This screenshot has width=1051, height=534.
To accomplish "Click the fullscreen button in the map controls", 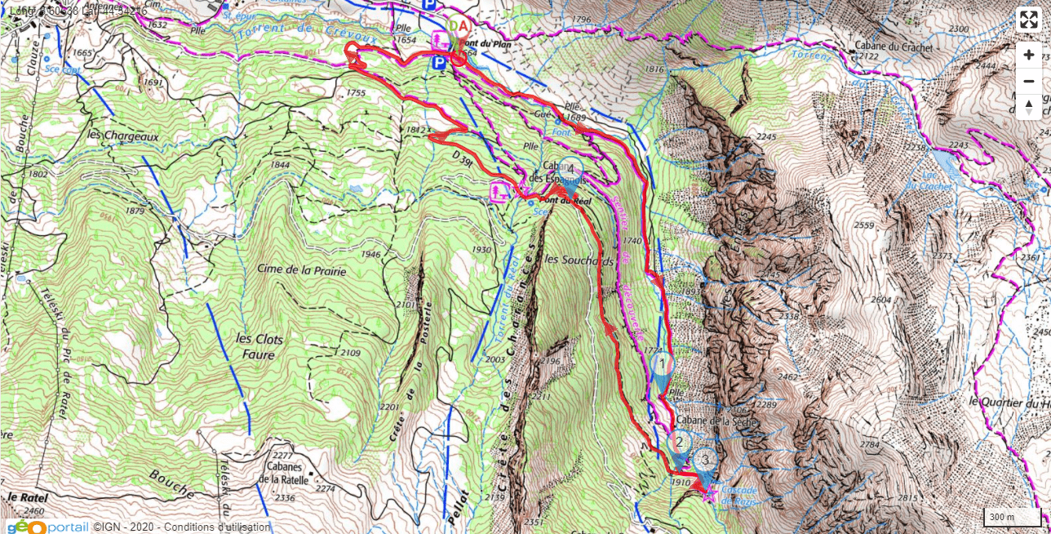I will [x=1028, y=20].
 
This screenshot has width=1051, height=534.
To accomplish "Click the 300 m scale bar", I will [x=1011, y=517].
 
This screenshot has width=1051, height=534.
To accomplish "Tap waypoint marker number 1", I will [x=663, y=363].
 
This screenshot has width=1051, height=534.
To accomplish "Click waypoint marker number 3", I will [x=705, y=459].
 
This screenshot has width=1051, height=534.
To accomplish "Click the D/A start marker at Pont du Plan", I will [x=459, y=26].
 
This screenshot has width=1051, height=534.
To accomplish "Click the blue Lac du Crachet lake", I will [x=947, y=162].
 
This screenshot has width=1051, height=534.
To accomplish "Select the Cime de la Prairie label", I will [x=303, y=270].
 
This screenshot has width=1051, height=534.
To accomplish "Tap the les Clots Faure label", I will [x=255, y=346].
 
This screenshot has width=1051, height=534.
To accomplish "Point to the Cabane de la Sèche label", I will [x=716, y=422].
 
